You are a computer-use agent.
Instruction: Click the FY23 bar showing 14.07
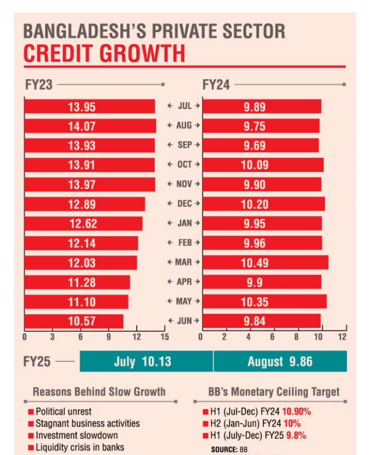pyautogui.click(x=90, y=126)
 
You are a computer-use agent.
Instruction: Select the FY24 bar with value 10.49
pyautogui.click(x=265, y=262)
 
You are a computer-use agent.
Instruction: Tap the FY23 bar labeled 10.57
pyautogui.click(x=74, y=321)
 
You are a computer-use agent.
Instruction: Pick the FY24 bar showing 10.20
pyautogui.click(x=263, y=204)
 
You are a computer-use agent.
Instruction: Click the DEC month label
pyautogui.click(x=184, y=204)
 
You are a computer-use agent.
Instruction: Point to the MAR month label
pyautogui.click(x=184, y=262)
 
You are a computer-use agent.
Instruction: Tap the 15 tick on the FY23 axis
pyautogui.click(x=164, y=337)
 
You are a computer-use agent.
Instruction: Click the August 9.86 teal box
pyautogui.click(x=280, y=362)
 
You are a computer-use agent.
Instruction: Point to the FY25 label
pyautogui.click(x=37, y=362)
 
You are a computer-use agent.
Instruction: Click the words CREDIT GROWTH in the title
pyautogui.click(x=104, y=54)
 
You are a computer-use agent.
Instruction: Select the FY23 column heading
pyautogui.click(x=38, y=84)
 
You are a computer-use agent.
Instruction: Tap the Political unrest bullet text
pyautogui.click(x=63, y=412)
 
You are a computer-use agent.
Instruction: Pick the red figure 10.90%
pyautogui.click(x=297, y=412)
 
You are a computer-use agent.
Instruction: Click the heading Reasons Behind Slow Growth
pyautogui.click(x=99, y=392)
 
